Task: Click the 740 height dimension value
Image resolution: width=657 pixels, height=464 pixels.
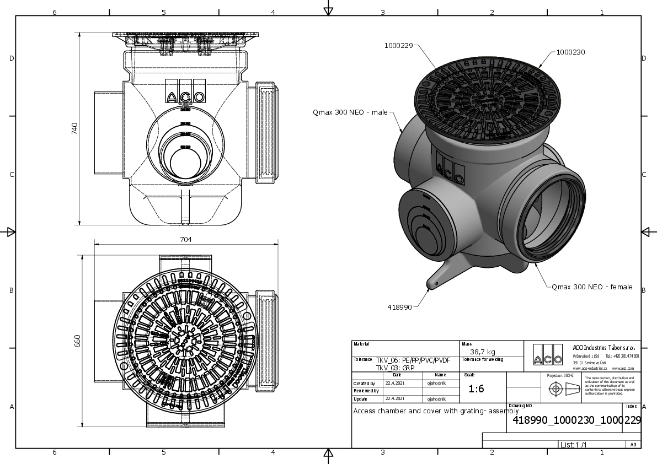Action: coord(75,128)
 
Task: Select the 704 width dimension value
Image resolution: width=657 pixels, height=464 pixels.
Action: coord(186,239)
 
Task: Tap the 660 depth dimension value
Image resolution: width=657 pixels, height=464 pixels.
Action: coord(78,342)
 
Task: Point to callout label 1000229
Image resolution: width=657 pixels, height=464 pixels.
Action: coord(398,46)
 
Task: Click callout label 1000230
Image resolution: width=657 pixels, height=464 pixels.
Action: coord(570,52)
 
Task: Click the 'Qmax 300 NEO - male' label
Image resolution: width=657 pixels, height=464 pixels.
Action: coord(350,112)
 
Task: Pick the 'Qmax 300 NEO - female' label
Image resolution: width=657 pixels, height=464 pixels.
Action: coord(592,287)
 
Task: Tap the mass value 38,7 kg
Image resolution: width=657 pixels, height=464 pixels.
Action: coord(482,352)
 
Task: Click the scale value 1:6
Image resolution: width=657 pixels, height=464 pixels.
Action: coord(476,389)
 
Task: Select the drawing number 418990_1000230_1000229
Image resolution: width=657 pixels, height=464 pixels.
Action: coord(576,420)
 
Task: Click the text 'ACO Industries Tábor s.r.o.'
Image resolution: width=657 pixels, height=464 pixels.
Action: coord(603,348)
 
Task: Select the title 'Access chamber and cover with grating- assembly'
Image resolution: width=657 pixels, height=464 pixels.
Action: coord(436,411)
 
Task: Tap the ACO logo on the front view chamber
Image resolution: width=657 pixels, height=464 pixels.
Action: coord(185,97)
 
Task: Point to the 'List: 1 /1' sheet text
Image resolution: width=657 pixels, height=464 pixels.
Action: coord(573,444)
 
